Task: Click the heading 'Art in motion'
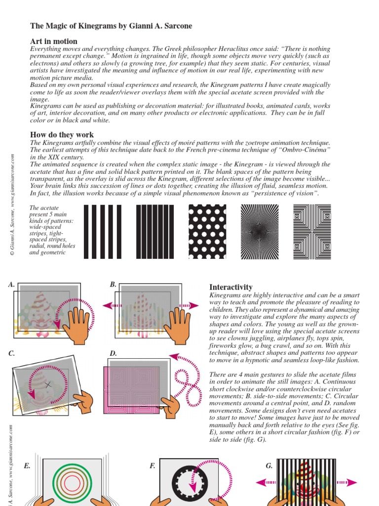[54, 42]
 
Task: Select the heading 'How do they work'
[62, 134]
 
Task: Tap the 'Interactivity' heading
[231, 287]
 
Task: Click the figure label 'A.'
[11, 285]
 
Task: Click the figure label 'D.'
[113, 353]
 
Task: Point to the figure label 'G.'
[269, 466]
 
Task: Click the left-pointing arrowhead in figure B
[106, 306]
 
